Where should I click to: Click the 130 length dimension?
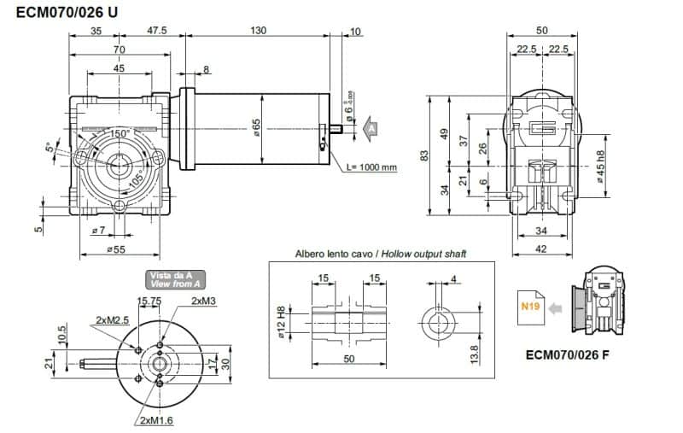[x=259, y=31]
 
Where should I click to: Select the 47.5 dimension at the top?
[x=156, y=31]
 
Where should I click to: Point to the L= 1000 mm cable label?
[x=373, y=167]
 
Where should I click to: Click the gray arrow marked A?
[x=369, y=128]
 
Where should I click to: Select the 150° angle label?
[x=118, y=134]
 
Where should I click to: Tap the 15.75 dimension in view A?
[x=149, y=301]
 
